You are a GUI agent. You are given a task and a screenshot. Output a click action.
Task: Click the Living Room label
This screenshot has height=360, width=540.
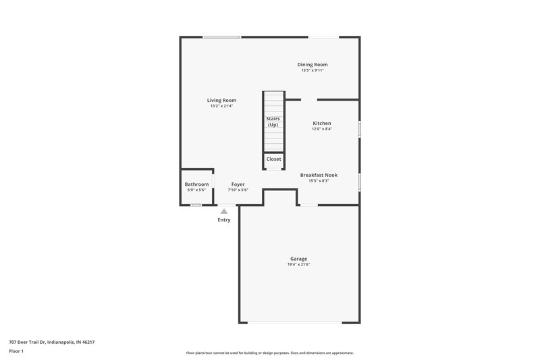coord(221,100)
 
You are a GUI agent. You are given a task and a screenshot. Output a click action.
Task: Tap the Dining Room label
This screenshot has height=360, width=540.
coord(313,65)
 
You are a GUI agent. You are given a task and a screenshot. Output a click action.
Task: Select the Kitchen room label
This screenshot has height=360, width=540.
coord(321,124)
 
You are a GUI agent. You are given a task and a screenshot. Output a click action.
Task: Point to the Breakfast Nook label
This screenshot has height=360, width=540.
coord(318,175)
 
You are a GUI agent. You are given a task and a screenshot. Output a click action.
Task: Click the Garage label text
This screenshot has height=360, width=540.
coord(298,259)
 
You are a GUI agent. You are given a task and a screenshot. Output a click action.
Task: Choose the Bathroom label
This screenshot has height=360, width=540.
coord(196,184)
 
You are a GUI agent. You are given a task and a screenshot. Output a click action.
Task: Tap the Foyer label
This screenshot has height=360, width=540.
coord(238,184)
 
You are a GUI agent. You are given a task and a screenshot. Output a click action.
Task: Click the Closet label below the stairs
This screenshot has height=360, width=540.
coord(273,159)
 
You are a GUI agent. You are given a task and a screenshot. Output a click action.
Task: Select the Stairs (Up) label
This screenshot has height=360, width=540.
coord(273,122)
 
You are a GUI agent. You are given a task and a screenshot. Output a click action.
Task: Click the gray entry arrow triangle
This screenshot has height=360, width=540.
coord(224,211)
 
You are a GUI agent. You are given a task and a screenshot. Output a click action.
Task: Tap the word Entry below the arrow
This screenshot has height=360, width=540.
coord(224,220)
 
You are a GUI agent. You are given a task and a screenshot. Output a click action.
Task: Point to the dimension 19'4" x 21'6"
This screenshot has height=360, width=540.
coord(298,265)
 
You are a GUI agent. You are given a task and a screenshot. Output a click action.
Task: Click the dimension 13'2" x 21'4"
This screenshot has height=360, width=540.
coord(221,106)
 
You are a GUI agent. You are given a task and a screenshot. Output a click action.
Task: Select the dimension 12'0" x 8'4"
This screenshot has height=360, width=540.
coord(321,130)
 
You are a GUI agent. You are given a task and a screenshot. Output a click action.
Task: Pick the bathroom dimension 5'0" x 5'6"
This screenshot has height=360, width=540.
coord(196,190)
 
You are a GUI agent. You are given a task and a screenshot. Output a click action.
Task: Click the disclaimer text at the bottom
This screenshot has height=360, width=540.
coord(269,353)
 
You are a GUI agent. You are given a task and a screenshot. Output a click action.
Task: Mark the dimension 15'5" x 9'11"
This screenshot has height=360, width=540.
coord(313,71)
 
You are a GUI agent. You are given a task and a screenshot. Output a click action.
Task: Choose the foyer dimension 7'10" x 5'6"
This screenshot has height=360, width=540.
coord(238,190)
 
